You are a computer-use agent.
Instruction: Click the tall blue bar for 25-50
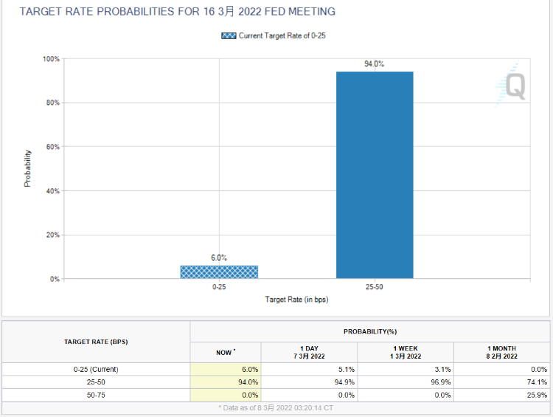(x=375, y=175)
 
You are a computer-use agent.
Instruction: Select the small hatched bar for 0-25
(x=219, y=272)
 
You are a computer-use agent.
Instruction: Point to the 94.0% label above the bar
(x=375, y=64)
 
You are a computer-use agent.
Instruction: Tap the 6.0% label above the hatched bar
(x=219, y=258)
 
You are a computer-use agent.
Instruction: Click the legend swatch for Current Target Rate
(x=229, y=35)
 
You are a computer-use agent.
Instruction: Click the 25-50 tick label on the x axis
(x=374, y=286)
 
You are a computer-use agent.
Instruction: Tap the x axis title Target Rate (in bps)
(x=296, y=300)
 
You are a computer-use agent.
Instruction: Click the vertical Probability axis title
(x=28, y=168)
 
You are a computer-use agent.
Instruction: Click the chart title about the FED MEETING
(x=167, y=12)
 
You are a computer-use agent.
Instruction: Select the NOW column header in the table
(x=224, y=352)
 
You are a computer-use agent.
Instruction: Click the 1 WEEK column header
(x=405, y=352)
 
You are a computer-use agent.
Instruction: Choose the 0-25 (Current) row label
(x=96, y=369)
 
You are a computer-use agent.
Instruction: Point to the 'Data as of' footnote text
(x=276, y=407)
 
